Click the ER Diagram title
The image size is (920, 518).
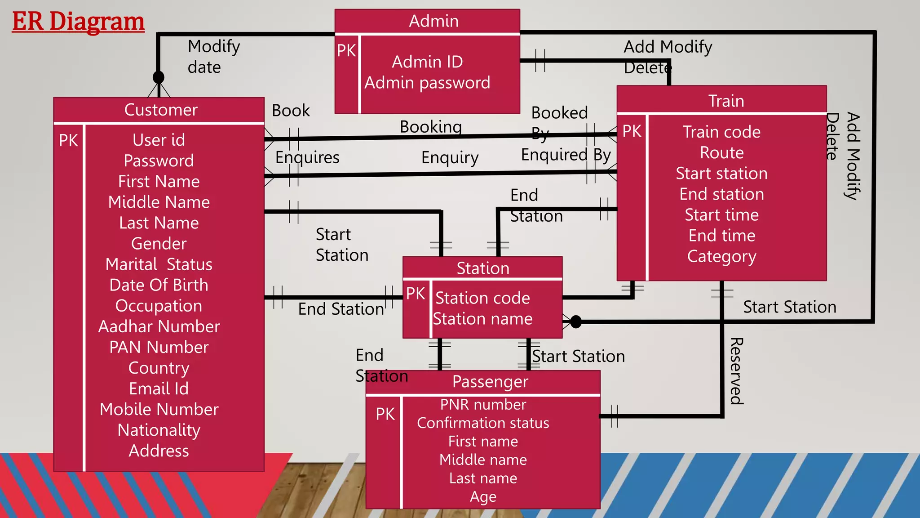point(78,22)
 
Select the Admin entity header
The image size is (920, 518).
point(433,21)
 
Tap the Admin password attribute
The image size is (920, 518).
point(427,83)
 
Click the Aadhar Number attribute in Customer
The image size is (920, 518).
point(159,326)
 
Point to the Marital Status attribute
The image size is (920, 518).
point(159,264)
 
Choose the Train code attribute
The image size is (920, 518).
point(721,132)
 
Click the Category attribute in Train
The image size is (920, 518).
point(721,256)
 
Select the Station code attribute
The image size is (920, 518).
point(482,298)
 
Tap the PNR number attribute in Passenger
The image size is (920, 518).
point(483,405)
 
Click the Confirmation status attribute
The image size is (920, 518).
point(483,423)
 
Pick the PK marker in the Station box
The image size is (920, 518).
point(416,294)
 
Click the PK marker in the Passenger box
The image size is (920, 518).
point(385,414)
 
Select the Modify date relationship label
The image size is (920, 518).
point(213,57)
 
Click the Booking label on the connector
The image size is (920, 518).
point(430,127)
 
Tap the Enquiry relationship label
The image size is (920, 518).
point(450,157)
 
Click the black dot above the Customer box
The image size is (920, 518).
point(159,77)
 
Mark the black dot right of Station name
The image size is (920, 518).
point(575,322)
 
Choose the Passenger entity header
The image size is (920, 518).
point(490,382)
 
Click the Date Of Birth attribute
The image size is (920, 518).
point(159,285)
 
